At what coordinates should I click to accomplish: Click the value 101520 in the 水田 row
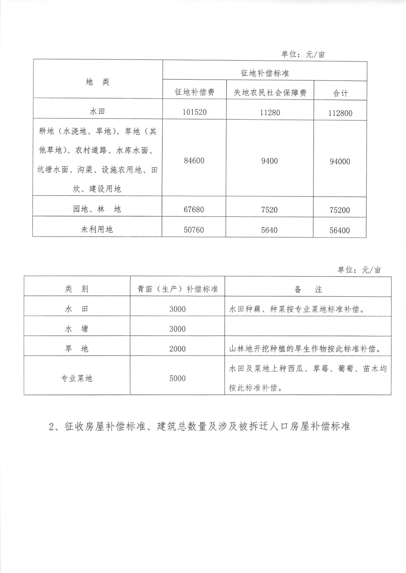click(195, 112)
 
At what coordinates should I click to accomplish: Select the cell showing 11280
click(270, 113)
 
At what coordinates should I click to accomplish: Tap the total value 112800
click(340, 113)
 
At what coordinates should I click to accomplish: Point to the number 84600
click(194, 161)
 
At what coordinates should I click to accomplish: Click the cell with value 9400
click(270, 161)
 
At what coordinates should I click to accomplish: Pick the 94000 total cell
click(340, 162)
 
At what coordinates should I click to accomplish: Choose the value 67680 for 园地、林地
click(194, 210)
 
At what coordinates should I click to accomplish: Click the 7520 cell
click(270, 210)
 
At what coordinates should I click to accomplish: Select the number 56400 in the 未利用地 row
click(340, 231)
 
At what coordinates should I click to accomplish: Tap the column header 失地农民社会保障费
click(270, 93)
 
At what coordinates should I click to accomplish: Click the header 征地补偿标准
click(265, 73)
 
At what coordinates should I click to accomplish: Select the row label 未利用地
click(97, 229)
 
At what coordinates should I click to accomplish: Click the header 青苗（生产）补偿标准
click(178, 289)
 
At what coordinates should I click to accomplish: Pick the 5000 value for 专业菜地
click(178, 378)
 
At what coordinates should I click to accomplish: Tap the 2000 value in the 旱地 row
click(178, 349)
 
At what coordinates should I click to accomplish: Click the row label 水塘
click(77, 329)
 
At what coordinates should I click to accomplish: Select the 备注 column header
click(308, 290)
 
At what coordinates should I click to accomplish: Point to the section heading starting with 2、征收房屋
click(199, 427)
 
